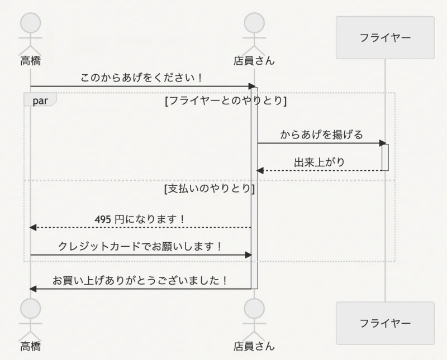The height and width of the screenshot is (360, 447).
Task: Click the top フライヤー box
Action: [385, 37]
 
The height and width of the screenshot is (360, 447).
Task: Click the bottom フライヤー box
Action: [385, 323]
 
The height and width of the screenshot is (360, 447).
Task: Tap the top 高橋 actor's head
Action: [31, 23]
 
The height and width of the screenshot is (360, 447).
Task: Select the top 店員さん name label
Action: [254, 60]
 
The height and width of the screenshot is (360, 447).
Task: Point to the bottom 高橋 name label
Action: [31, 346]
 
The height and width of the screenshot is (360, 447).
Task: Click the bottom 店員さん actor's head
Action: [254, 309]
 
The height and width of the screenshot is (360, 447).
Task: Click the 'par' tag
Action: [40, 100]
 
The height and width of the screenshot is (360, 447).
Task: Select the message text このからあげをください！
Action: [141, 77]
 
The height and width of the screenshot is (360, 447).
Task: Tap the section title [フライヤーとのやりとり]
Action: [226, 101]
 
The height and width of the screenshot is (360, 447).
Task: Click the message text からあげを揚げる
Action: [321, 135]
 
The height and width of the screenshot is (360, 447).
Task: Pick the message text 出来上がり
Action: [320, 162]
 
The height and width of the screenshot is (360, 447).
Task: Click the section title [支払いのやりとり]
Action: [210, 189]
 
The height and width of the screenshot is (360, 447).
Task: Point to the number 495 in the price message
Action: [103, 219]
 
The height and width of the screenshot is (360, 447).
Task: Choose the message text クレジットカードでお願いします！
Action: [141, 246]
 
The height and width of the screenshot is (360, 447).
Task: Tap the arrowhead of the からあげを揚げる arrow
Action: [383, 143]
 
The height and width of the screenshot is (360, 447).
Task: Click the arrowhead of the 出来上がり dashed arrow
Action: [259, 171]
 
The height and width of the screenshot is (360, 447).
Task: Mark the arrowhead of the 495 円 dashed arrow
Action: [33, 228]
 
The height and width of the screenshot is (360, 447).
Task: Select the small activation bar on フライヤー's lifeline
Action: [385, 157]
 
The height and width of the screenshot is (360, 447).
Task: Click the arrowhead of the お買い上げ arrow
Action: [33, 289]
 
